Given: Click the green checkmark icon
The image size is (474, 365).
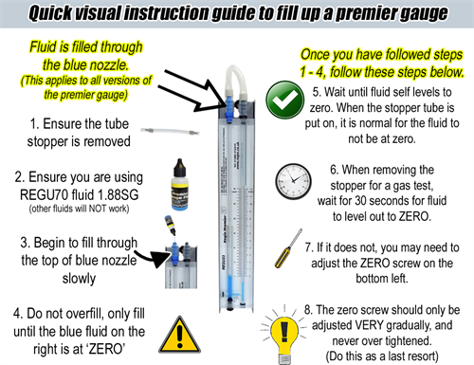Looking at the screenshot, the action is (x=285, y=100).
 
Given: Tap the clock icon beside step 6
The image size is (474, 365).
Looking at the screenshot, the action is (x=293, y=181).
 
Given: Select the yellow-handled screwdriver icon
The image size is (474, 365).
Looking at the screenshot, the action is (x=288, y=248).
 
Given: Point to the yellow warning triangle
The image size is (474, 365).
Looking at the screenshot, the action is (x=179, y=335).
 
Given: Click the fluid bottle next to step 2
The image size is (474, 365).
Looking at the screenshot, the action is (x=179, y=185).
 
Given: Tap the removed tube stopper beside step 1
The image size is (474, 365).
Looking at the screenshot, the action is (x=170, y=131).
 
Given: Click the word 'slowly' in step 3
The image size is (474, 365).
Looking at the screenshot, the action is (x=79, y=279).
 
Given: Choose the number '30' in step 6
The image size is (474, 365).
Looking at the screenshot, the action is (x=361, y=200).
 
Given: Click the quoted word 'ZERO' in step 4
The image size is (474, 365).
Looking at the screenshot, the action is (x=106, y=349).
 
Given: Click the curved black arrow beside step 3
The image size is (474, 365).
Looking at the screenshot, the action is (x=150, y=258).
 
